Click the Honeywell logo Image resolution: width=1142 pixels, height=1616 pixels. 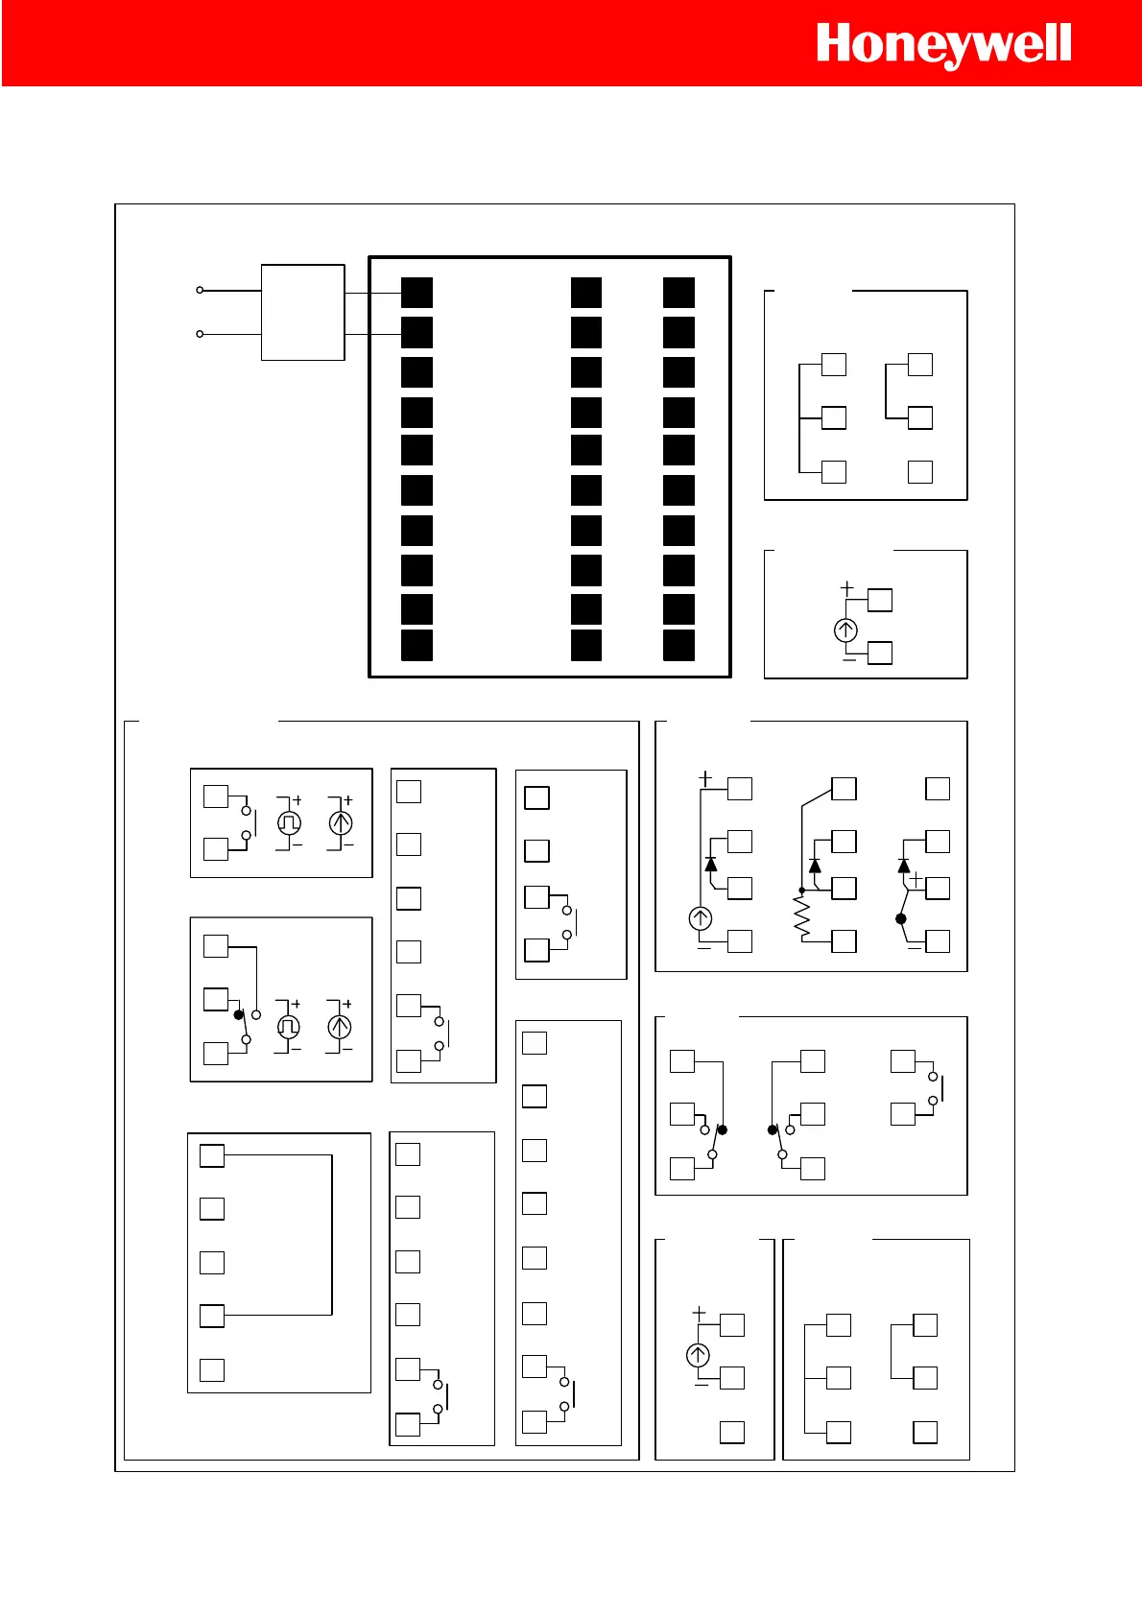click(943, 45)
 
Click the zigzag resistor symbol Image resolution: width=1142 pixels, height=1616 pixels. click(802, 917)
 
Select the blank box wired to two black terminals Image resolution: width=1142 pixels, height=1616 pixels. click(302, 312)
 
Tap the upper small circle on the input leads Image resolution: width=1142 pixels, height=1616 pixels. click(200, 290)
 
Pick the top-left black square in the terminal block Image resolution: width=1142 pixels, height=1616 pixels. click(416, 293)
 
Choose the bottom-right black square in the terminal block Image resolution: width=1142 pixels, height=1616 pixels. click(678, 645)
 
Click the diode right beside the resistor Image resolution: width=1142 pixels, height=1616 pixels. click(815, 866)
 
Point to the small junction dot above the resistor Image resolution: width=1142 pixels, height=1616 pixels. click(801, 891)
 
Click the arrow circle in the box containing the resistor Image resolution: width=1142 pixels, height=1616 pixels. click(701, 918)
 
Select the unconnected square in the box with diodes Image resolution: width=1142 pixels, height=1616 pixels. click(938, 789)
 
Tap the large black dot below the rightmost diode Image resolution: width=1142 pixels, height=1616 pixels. click(901, 918)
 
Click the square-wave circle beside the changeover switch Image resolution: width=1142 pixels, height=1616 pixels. click(288, 1027)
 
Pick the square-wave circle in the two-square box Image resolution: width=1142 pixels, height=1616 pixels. click(289, 822)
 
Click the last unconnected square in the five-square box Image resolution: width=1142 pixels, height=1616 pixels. click(212, 1370)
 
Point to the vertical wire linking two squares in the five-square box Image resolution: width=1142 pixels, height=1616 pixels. click(332, 1235)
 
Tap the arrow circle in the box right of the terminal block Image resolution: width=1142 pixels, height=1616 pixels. click(845, 630)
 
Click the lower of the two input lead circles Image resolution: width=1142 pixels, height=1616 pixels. click(200, 334)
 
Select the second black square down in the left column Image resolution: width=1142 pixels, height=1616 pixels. click(416, 332)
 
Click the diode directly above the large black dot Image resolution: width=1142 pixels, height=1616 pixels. click(903, 866)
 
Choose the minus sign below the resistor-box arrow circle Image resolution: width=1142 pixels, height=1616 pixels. click(703, 947)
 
